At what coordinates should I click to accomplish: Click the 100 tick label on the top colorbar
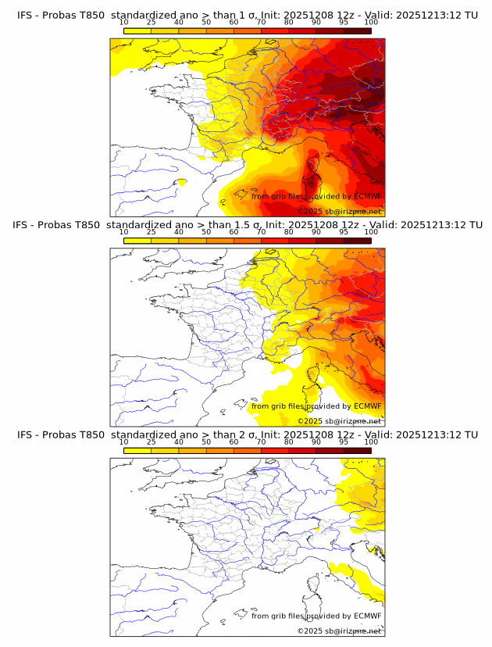pos(371,23)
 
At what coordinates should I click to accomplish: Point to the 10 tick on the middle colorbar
pos(124,232)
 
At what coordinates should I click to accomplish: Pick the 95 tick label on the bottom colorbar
pos(344,441)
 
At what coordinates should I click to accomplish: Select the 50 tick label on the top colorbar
pos(206,23)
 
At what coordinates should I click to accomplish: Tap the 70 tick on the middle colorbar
pos(261,232)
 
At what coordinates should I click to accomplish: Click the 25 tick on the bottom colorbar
pos(152,441)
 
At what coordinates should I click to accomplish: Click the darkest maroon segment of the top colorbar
pos(357,30)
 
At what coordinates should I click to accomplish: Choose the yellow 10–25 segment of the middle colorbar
pos(137,240)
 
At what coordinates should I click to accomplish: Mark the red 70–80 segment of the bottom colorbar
pos(275,449)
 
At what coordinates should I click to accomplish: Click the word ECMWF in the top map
pos(367,197)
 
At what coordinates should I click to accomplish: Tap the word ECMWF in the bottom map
pos(367,616)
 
